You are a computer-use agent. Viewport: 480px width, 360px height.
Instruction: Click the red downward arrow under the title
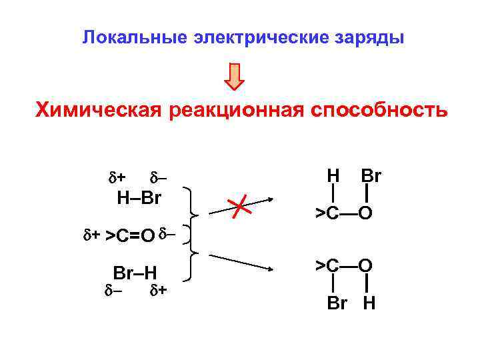(234, 76)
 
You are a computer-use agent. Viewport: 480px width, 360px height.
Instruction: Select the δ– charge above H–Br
(158, 177)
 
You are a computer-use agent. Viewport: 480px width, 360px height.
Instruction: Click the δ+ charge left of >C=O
(91, 235)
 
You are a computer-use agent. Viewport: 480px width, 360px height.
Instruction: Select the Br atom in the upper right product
(371, 176)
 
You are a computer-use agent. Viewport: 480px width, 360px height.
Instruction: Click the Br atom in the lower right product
(337, 303)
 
